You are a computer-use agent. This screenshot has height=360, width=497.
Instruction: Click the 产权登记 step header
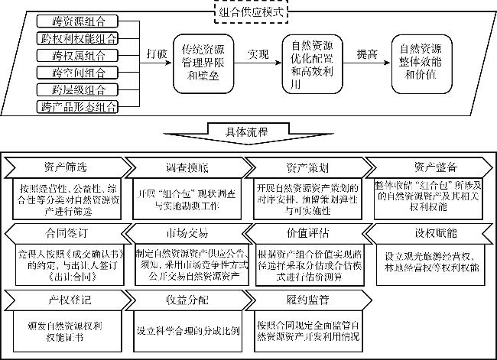(x=64, y=297)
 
